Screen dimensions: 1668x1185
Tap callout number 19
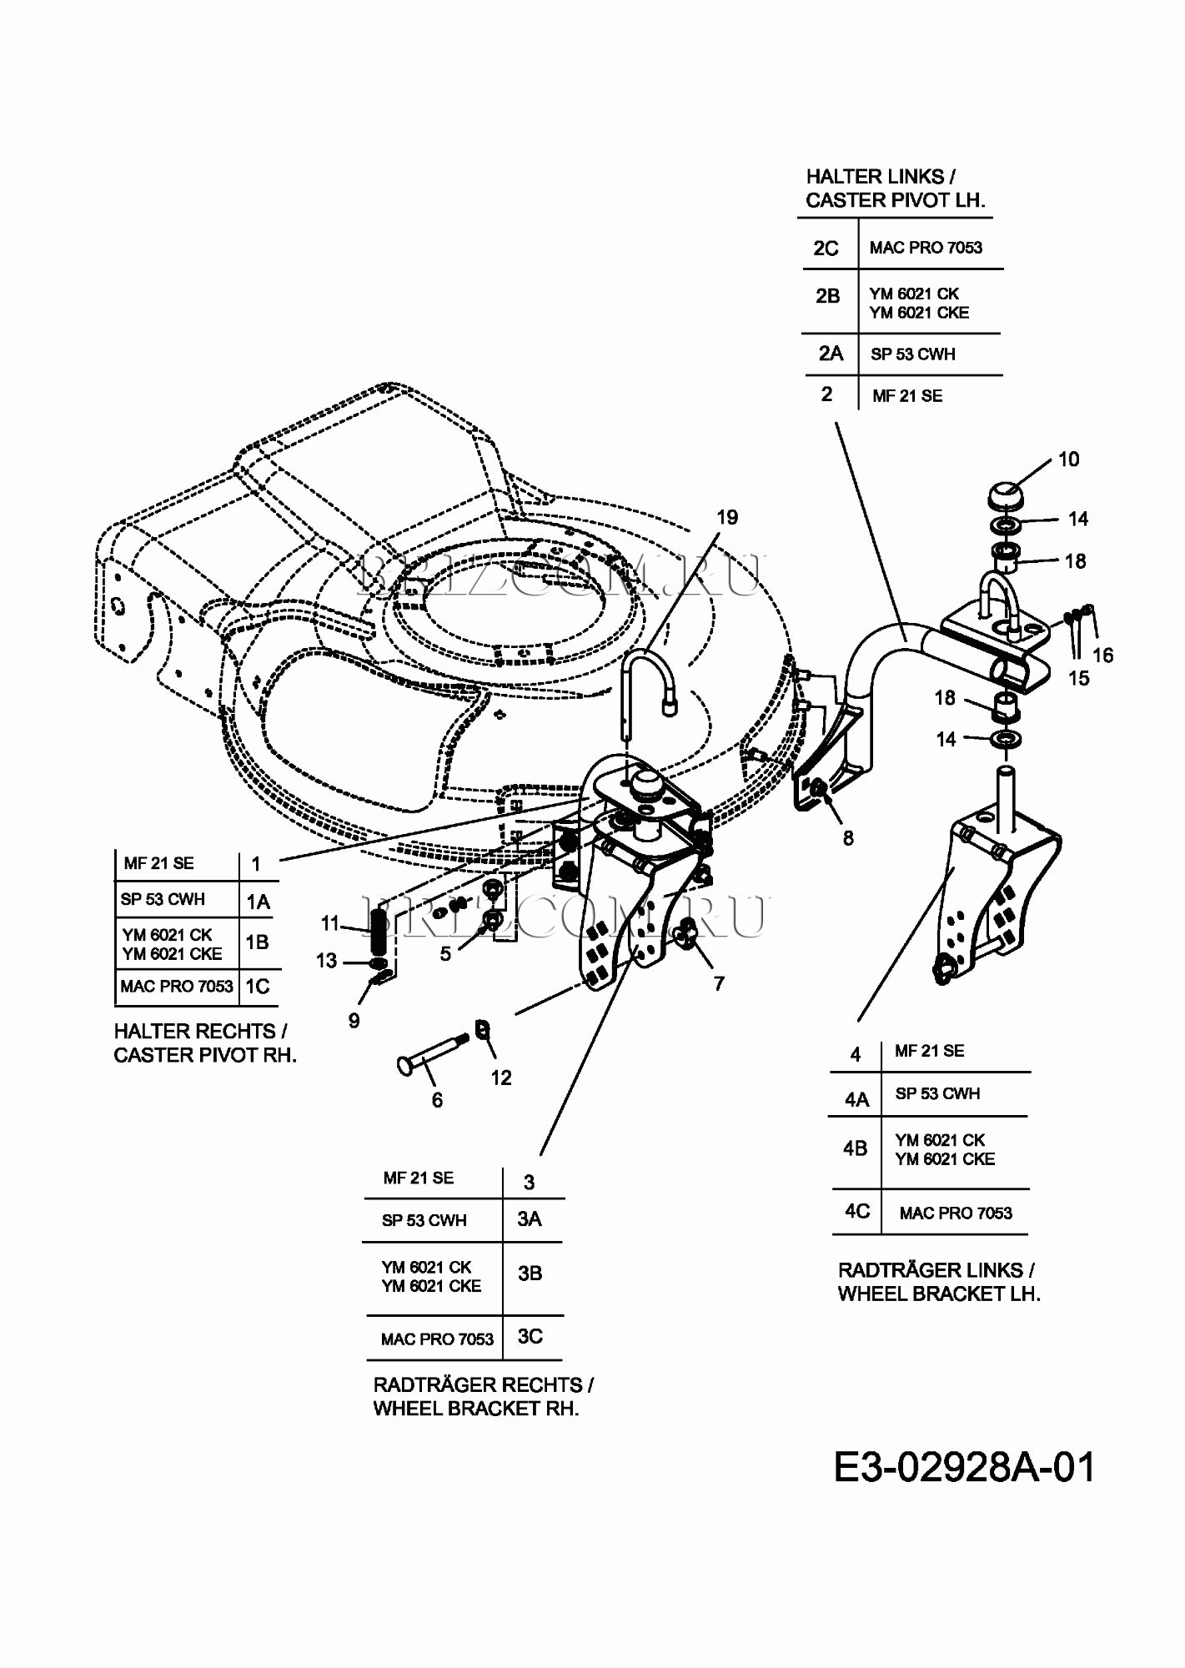pos(727,518)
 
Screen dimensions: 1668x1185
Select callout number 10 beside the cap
pos(1068,460)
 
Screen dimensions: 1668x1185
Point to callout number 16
pos(1102,656)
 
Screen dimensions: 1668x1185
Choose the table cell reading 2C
pos(826,249)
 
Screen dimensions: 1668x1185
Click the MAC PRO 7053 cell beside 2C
pos(926,248)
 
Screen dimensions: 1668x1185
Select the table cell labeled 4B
pos(855,1149)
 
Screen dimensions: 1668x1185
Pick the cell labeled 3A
pos(530,1219)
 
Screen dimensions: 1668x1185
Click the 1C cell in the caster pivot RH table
pos(258,987)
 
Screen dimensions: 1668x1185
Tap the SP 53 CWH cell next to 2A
pos(913,354)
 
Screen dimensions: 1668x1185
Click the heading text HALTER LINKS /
pos(880,177)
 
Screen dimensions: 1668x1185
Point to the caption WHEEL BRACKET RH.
pos(475,1409)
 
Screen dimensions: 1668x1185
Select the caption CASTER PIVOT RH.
pos(205,1056)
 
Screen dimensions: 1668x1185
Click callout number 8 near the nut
pos(848,838)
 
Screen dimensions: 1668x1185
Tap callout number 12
pos(500,1078)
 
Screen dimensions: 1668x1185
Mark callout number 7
pos(719,984)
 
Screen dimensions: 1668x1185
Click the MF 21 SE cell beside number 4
pos(929,1052)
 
